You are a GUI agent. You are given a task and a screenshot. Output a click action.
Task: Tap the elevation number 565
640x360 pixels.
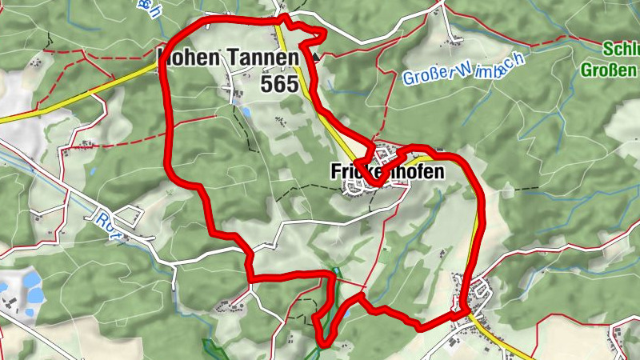coord(279,82)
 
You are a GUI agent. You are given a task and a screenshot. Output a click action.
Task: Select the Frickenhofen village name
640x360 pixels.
coord(386,172)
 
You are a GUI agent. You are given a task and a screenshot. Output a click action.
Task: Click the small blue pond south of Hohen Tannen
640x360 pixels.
coord(247,114)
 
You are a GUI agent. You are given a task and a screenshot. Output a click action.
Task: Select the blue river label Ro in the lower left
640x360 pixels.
coord(103,218)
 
